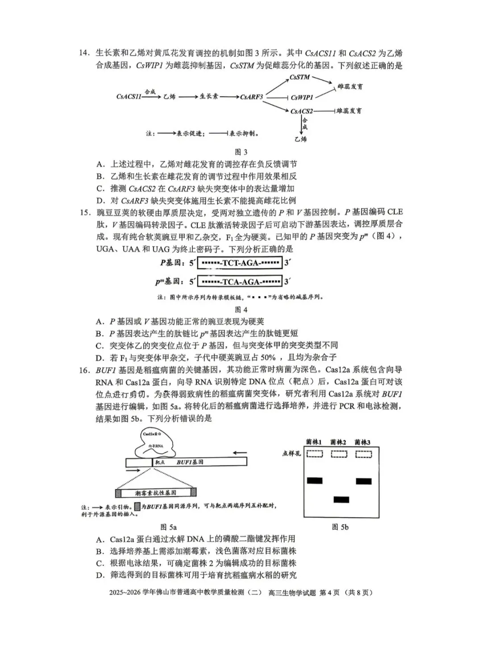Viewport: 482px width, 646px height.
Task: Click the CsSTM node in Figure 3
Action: [299, 78]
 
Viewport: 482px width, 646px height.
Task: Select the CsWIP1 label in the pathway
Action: [302, 98]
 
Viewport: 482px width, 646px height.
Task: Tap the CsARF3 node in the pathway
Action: [252, 97]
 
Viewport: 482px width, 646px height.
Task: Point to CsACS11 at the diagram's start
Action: [129, 96]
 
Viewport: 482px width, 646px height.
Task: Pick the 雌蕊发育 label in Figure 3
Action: [350, 87]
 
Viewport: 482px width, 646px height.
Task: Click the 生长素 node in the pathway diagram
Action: [208, 96]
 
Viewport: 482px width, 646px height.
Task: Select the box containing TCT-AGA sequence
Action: [240, 263]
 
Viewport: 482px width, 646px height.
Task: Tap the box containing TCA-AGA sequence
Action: [240, 282]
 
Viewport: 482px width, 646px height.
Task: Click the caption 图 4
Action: [241, 310]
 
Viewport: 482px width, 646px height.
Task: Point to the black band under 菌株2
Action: [341, 499]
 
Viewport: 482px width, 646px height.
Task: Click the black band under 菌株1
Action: [315, 481]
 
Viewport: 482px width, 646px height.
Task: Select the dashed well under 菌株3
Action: [363, 454]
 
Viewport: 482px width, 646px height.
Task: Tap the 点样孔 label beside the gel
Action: [292, 454]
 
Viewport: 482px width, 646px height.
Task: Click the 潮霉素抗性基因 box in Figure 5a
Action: [155, 493]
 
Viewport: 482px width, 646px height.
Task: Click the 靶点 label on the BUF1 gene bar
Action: [160, 462]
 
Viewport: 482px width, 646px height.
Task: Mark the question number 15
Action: [85, 213]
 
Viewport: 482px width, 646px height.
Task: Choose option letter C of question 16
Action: [100, 563]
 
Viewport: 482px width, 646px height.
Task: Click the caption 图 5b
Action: [340, 527]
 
